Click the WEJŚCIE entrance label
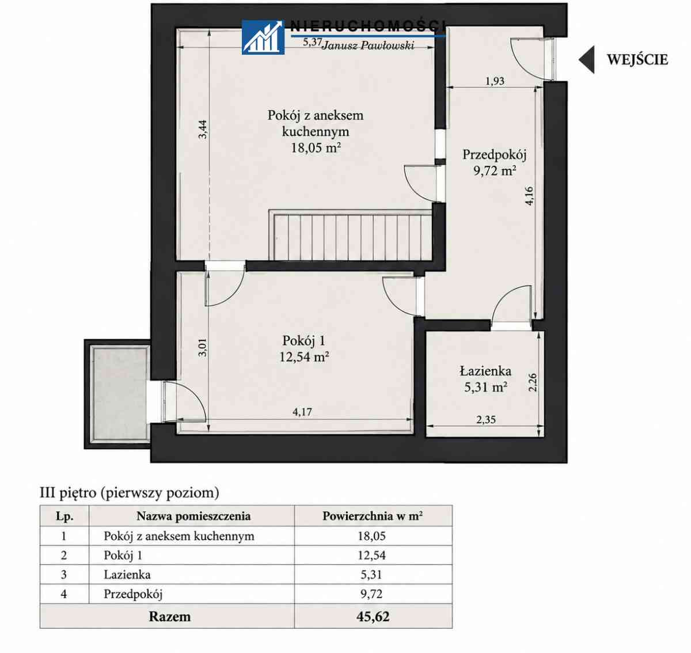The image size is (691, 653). tap(637, 60)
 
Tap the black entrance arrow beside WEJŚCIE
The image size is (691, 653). tap(587, 59)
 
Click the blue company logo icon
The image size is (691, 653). tap(263, 37)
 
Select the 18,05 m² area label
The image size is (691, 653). tap(316, 148)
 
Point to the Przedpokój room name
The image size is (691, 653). tap(494, 155)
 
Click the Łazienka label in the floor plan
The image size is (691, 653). tap(485, 371)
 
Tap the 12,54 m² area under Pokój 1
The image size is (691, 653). tap(305, 357)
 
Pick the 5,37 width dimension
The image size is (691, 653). tap(312, 42)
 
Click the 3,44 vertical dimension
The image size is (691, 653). tap(203, 130)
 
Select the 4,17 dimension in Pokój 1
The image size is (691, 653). tap(302, 412)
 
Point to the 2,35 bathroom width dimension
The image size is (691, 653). tap(486, 419)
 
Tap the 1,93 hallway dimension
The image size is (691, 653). tap(495, 81)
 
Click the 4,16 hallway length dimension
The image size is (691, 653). tap(529, 196)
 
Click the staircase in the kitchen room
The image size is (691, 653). tap(350, 235)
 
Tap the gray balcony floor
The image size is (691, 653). tap(119, 394)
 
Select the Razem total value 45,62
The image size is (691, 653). tap(373, 617)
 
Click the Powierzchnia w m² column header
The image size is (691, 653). tap(373, 516)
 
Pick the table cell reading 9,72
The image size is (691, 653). tap(371, 594)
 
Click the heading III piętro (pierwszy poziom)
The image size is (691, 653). tap(130, 493)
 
